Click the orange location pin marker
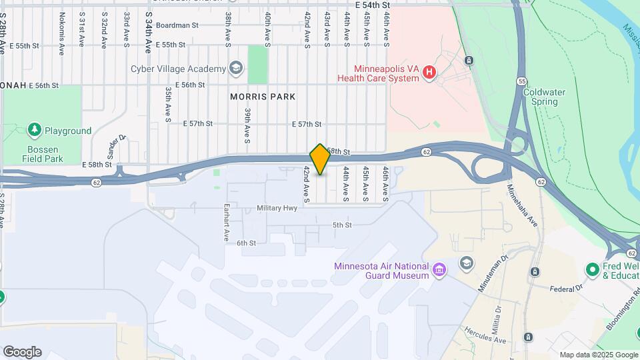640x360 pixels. (320, 159)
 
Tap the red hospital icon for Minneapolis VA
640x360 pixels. (429, 72)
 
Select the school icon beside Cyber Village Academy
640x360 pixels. (235, 68)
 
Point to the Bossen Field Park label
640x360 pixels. (42, 154)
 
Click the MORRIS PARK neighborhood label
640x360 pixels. (262, 97)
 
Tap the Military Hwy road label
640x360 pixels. (277, 209)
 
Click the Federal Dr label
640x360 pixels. (567, 289)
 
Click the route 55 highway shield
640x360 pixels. (521, 81)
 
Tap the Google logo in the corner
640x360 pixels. (22, 352)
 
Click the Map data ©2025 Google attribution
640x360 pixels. (598, 355)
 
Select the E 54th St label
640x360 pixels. (372, 5)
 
